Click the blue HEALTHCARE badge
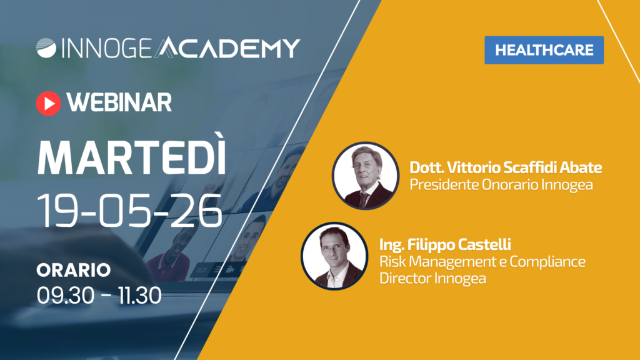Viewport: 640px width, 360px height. (x=544, y=50)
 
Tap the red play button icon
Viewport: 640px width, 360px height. (x=49, y=103)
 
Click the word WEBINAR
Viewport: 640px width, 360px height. (x=119, y=102)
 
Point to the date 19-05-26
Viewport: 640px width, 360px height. (x=130, y=211)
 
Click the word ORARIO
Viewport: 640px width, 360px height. (x=74, y=270)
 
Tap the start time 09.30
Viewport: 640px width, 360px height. (x=65, y=295)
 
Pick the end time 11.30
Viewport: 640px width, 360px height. (x=140, y=295)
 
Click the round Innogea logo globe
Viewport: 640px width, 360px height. (x=46, y=48)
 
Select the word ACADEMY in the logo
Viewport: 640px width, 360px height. (x=227, y=47)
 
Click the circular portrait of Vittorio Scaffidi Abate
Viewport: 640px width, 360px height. (x=365, y=176)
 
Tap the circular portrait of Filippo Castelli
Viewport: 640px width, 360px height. (x=334, y=256)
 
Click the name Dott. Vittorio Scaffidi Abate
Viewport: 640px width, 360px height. (x=506, y=167)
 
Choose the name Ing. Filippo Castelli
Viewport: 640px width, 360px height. (x=445, y=244)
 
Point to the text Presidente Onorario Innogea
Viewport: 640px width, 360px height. (x=501, y=184)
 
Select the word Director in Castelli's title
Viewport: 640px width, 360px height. (x=405, y=278)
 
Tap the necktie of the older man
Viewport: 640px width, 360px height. (x=363, y=199)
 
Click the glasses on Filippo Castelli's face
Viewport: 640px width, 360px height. (x=334, y=247)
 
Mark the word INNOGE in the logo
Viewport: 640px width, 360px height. (x=107, y=48)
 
